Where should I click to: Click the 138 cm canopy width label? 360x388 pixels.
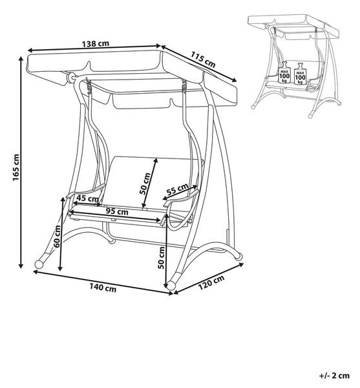click(x=96, y=44)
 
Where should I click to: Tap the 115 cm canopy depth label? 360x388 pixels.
click(x=203, y=59)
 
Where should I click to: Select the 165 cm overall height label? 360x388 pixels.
click(x=16, y=167)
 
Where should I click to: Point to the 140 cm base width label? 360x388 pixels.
click(x=103, y=288)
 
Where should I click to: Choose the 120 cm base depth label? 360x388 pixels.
click(x=211, y=283)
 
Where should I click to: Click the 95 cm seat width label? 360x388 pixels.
click(x=117, y=211)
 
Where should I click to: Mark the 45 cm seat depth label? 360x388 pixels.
click(x=87, y=199)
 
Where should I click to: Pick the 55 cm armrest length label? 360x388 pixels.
click(x=177, y=189)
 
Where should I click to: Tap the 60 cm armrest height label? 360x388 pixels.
click(x=57, y=236)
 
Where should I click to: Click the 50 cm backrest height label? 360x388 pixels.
click(x=145, y=184)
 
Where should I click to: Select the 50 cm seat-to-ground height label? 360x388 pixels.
click(x=161, y=257)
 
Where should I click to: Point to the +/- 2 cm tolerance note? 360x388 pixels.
click(x=334, y=376)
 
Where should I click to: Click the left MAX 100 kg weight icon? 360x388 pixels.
click(x=284, y=72)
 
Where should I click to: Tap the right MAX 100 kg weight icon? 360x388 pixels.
click(x=300, y=74)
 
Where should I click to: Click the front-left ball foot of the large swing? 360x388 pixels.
click(x=39, y=264)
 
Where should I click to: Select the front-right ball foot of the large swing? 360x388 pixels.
click(x=171, y=285)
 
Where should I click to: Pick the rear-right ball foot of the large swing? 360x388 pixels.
click(x=238, y=256)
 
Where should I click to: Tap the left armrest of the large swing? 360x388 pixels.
click(x=86, y=191)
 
